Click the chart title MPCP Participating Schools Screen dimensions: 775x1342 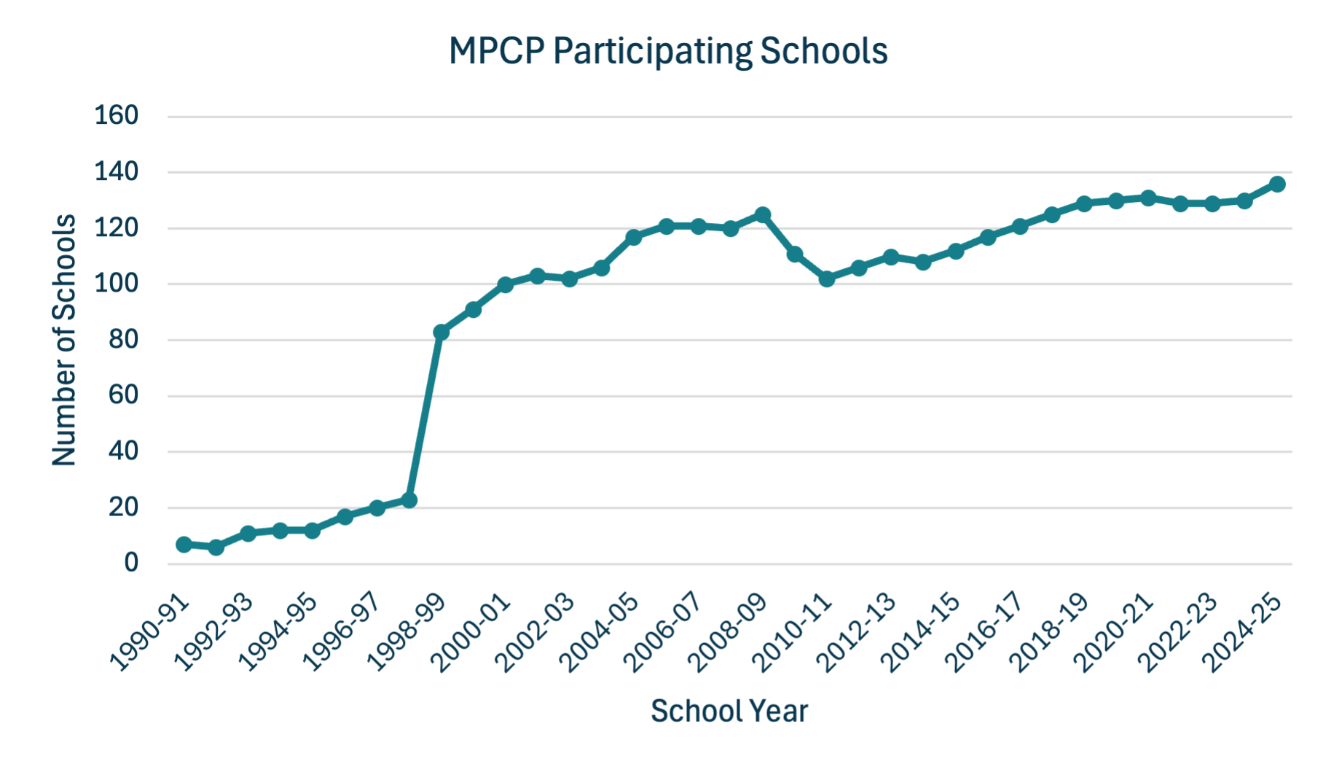(668, 52)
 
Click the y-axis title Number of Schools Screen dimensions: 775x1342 (64, 340)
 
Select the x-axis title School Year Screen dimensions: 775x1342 (729, 711)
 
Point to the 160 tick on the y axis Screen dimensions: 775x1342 (117, 115)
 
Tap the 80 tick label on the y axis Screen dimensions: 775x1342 (123, 339)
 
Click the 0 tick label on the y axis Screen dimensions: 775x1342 (131, 563)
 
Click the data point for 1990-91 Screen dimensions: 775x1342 (184, 545)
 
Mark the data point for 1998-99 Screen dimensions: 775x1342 (441, 332)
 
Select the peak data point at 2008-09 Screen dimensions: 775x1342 (763, 215)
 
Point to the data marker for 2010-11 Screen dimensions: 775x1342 (827, 279)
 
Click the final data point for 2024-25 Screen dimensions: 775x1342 (1277, 184)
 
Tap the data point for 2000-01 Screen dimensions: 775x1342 (505, 284)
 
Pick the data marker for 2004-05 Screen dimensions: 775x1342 (634, 238)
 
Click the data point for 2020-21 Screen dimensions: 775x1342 (1148, 198)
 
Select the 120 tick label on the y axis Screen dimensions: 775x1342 (117, 227)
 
